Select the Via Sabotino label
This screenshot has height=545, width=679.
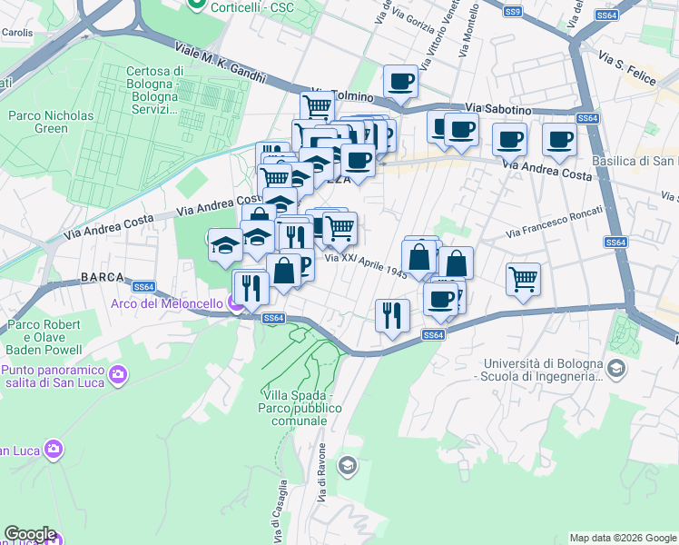[498, 109]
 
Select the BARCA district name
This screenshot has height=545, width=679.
[101, 276]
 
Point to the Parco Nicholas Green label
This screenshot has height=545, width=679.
[51, 122]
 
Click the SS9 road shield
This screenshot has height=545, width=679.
[514, 11]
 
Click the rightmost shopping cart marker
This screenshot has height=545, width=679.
[523, 279]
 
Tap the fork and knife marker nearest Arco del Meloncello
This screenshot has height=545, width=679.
[250, 287]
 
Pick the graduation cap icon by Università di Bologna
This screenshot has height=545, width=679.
[617, 368]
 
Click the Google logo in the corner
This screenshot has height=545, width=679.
[30, 534]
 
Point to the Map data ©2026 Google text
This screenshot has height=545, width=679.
[622, 538]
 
